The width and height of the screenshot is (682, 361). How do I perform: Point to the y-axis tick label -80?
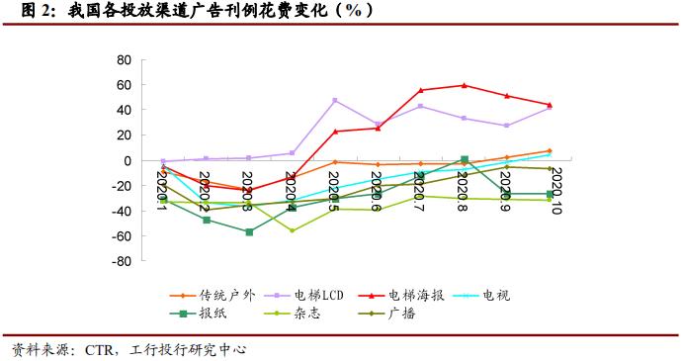point(122,263)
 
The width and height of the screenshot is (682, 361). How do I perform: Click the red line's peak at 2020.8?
point(464,85)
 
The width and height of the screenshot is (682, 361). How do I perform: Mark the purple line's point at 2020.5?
point(335,100)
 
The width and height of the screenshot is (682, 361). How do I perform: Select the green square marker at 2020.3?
point(249,232)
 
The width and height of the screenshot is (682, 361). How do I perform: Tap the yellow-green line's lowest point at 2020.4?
point(292,230)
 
